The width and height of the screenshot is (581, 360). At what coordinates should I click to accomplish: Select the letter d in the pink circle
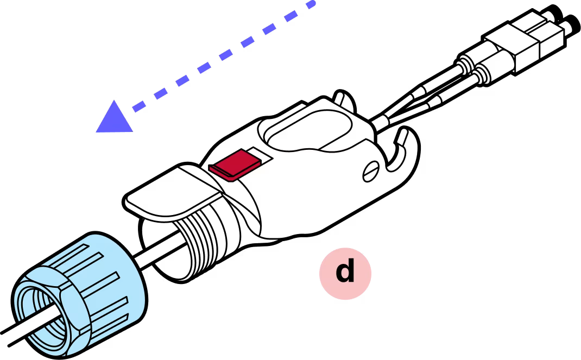click(345, 271)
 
